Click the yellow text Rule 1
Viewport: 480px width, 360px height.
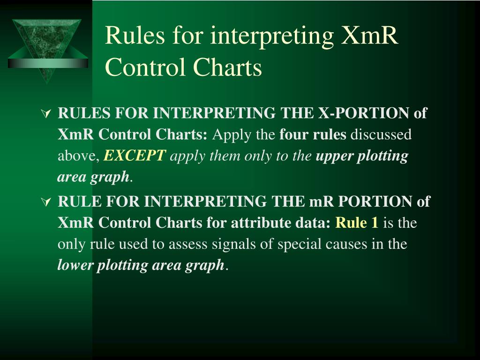(357, 223)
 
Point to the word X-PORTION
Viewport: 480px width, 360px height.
(364, 113)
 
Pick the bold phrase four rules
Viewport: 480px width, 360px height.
(313, 135)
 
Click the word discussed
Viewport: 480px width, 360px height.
(381, 135)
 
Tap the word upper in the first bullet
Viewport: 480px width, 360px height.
(335, 156)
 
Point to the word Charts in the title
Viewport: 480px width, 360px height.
(228, 68)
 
